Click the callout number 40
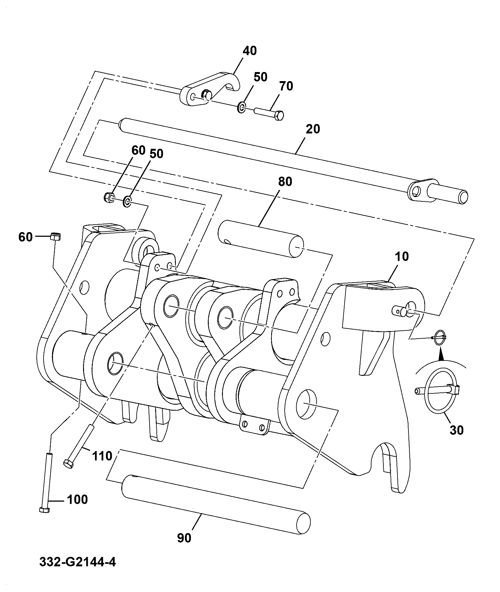coord(250,51)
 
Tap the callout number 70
coord(286,86)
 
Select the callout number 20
coord(313,129)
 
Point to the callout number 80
coord(285,182)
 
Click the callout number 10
coord(402,257)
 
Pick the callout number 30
coord(456,430)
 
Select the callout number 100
coord(77,500)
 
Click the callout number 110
coord(103,456)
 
